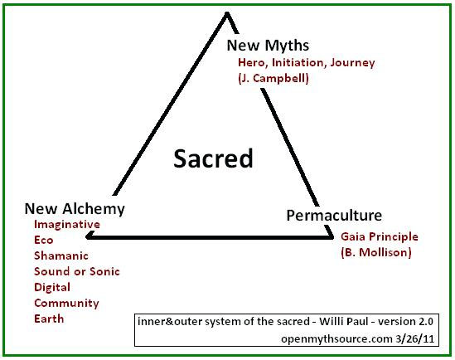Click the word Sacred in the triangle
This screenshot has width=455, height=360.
(213, 158)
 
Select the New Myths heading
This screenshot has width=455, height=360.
(268, 46)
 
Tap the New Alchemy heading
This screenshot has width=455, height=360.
(75, 209)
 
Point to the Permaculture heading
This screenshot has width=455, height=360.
(334, 216)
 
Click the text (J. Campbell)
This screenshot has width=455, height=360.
(273, 78)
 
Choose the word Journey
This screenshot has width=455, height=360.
(352, 63)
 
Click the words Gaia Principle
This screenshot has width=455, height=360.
(380, 237)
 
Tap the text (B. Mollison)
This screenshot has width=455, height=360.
(376, 252)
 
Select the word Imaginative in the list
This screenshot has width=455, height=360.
(67, 225)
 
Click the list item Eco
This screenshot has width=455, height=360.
(44, 240)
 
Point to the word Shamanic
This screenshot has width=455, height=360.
(61, 255)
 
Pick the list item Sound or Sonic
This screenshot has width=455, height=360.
(77, 271)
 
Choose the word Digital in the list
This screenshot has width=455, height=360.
(52, 287)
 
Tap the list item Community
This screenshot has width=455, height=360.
(66, 304)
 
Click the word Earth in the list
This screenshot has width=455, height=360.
(49, 319)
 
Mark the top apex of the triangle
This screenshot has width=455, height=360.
(227, 12)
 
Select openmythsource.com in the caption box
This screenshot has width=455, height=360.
(336, 339)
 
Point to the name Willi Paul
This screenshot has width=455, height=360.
(344, 321)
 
